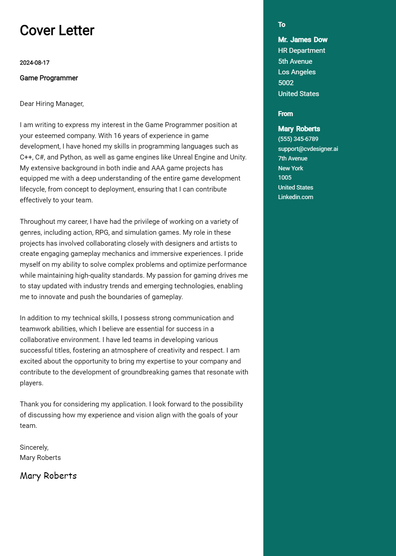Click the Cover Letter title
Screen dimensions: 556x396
coord(57,30)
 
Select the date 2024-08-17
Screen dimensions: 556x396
coord(35,63)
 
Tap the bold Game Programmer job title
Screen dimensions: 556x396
coord(49,78)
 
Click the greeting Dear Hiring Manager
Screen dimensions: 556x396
coord(52,104)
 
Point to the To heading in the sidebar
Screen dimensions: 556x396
coord(281,25)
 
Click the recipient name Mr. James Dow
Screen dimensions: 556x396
coord(303,40)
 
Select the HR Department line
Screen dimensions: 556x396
coord(301,51)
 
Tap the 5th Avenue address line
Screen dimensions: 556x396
coord(295,61)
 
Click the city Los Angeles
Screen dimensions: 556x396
coord(297,72)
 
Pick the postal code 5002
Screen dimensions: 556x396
coord(286,83)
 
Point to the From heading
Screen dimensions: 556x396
coord(285,114)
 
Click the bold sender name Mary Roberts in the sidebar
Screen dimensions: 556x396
coord(299,129)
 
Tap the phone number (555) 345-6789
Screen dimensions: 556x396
coord(298,139)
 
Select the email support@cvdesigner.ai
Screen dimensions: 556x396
coord(308,149)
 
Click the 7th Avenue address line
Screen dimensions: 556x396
coord(292,158)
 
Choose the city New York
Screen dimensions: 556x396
coord(290,168)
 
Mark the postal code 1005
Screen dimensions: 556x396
coord(284,178)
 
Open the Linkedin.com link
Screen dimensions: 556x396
coord(295,197)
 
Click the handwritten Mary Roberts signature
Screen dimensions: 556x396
coord(48,476)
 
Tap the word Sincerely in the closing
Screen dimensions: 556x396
coord(34,447)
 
